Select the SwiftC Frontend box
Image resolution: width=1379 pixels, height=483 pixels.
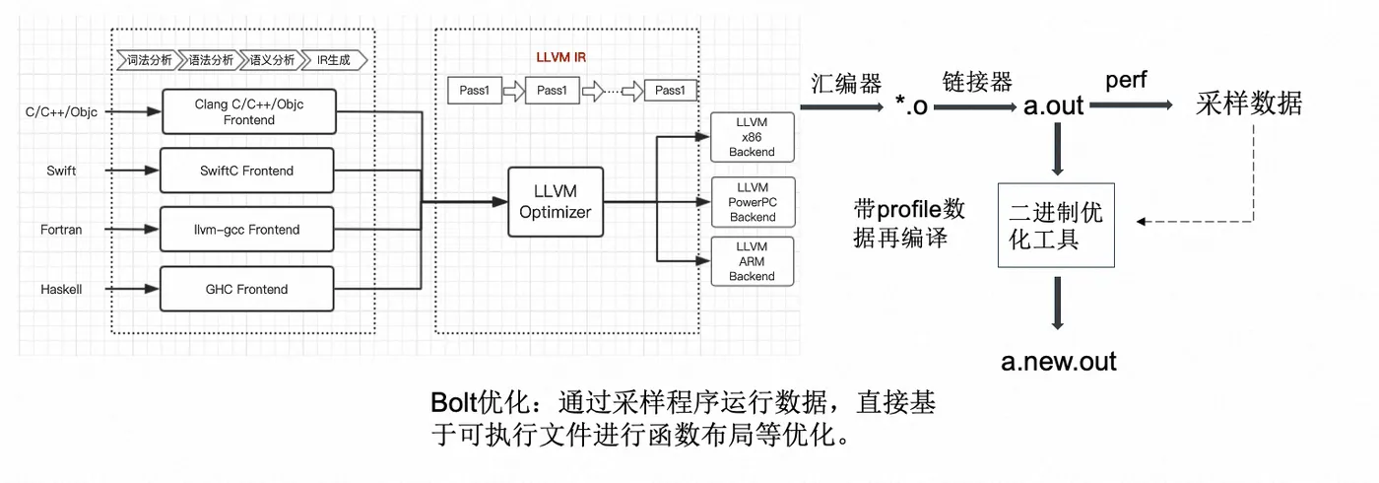[247, 171]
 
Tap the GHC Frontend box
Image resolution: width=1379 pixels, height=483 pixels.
[247, 289]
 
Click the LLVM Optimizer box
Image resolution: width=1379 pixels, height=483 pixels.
[556, 202]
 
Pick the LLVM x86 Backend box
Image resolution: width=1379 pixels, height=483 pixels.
[752, 137]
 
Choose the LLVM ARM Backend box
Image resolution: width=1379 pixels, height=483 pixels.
[752, 261]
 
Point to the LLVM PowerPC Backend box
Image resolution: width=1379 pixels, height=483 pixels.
[752, 202]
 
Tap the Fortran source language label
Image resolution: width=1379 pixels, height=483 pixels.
[61, 230]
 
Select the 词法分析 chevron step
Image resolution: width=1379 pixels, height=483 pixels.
[148, 59]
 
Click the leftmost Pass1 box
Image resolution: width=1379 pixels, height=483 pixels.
[474, 91]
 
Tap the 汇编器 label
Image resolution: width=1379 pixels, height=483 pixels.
[845, 83]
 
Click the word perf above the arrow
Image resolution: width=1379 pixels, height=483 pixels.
[1126, 79]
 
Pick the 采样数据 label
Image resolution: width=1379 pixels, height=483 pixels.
[1248, 103]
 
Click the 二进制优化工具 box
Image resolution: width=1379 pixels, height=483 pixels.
[1056, 225]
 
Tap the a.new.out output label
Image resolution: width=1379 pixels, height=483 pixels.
[1059, 361]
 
